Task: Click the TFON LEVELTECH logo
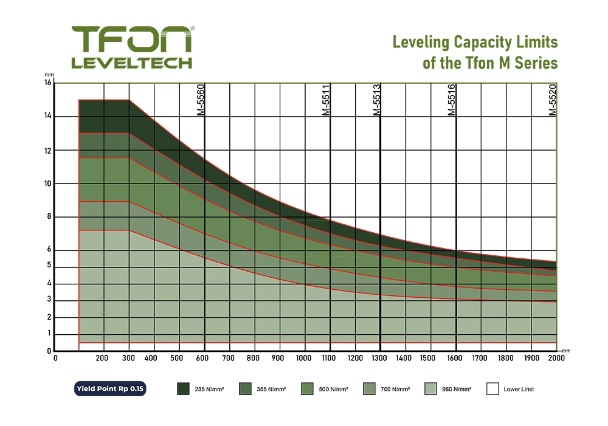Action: click(132, 47)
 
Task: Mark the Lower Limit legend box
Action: click(493, 388)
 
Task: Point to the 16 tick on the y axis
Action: click(48, 83)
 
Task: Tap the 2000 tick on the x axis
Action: click(556, 358)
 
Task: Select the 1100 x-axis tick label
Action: click(330, 358)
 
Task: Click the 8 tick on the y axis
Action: click(49, 217)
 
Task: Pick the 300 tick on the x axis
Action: click(128, 358)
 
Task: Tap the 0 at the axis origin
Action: click(55, 358)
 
